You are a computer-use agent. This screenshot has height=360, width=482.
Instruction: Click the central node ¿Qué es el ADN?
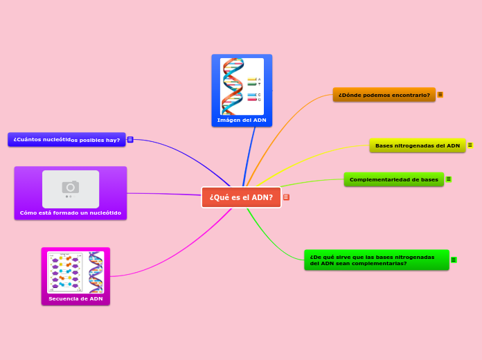241,197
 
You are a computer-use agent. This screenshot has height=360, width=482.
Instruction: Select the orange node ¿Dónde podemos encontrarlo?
384,95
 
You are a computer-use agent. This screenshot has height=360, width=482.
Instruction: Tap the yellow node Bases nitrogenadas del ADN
417,145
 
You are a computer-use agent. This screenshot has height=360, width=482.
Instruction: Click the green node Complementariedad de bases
393,179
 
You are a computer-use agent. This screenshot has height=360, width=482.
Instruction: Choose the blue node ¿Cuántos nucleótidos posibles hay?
66,140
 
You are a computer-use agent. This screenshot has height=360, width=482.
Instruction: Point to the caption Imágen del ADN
242,120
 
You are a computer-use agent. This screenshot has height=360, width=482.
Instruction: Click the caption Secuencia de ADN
75,299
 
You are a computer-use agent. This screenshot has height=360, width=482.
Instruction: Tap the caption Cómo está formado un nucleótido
71,213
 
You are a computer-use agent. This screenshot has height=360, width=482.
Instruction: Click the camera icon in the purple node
71,187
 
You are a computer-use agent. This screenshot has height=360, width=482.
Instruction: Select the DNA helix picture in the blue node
242,87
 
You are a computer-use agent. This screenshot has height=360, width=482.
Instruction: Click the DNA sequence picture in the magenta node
75,272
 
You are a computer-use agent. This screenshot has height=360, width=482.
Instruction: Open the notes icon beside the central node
286,197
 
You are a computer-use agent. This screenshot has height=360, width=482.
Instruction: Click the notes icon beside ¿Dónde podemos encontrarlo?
440,95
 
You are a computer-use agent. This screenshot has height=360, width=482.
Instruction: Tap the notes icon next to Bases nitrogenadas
470,145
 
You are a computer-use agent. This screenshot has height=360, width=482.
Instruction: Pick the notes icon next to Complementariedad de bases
449,179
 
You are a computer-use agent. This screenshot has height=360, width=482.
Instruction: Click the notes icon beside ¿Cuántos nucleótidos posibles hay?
130,140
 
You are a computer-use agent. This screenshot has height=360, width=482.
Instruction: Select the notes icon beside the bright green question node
454,260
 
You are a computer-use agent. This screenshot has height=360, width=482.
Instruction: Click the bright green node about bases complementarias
376,260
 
